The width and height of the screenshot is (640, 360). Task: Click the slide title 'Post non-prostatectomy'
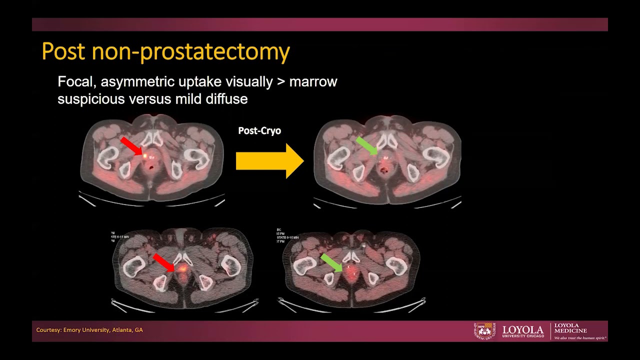tap(165, 51)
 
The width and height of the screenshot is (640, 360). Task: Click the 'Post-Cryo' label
tap(259, 130)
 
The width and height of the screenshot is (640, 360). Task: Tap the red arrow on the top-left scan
tap(131, 146)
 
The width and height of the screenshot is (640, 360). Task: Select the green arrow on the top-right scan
tap(366, 146)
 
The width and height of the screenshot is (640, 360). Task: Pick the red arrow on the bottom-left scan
tap(163, 262)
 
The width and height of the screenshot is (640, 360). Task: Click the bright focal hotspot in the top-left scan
tap(145, 156)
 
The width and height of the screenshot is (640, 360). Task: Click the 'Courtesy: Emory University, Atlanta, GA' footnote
tap(89, 330)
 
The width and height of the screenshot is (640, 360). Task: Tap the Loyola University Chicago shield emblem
tap(483, 330)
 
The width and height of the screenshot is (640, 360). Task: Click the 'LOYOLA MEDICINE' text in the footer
tap(570, 328)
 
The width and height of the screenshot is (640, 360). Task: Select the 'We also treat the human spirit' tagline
tap(580, 338)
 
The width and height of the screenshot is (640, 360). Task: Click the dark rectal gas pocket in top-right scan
tap(384, 170)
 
